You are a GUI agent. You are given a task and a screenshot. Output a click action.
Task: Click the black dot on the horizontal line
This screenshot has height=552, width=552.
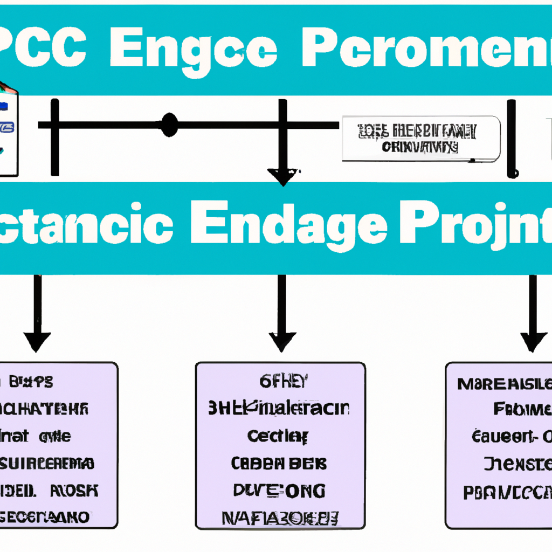pyautogui.click(x=169, y=125)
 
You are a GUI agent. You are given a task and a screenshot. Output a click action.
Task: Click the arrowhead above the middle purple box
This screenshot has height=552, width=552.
pyautogui.click(x=282, y=341)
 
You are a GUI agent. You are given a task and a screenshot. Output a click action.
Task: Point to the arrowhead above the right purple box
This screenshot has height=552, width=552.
pyautogui.click(x=533, y=341)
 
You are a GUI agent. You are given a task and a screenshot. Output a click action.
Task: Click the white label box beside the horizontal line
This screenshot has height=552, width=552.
pyautogui.click(x=421, y=139)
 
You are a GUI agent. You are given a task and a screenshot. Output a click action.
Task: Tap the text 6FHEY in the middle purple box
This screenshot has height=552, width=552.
pyautogui.click(x=281, y=383)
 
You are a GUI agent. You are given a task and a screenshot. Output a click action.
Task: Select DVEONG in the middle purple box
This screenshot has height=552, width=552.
pyautogui.click(x=279, y=491)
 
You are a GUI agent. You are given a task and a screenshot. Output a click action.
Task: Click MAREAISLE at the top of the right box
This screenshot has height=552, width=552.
pyautogui.click(x=504, y=384)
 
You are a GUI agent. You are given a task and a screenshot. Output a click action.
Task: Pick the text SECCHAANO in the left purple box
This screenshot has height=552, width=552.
pyautogui.click(x=46, y=517)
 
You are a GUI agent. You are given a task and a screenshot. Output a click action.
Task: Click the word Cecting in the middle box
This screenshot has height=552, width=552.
pyautogui.click(x=278, y=436)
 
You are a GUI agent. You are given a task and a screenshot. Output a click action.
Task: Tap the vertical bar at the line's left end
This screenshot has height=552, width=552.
pyautogui.click(x=54, y=137)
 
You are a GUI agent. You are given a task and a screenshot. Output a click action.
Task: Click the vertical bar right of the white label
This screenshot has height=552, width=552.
pyautogui.click(x=512, y=139)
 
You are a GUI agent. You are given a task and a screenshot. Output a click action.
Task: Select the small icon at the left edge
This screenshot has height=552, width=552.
pyautogui.click(x=8, y=129)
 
